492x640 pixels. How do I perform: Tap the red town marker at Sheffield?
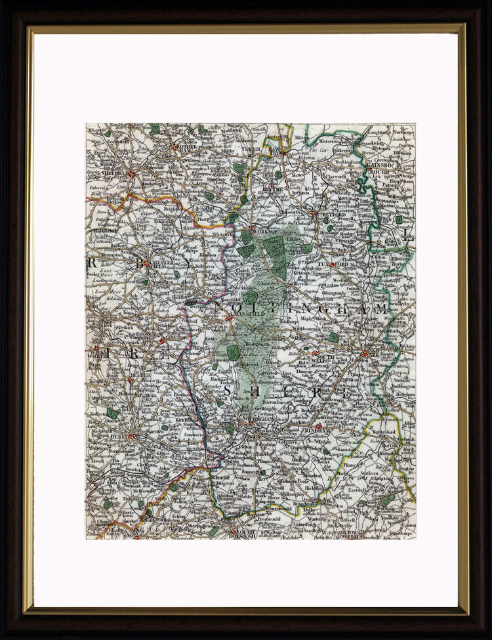[x=133, y=175]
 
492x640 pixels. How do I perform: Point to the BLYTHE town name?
[x=271, y=189]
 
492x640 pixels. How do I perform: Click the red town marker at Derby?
[x=131, y=435]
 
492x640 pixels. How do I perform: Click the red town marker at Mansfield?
[x=229, y=318]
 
